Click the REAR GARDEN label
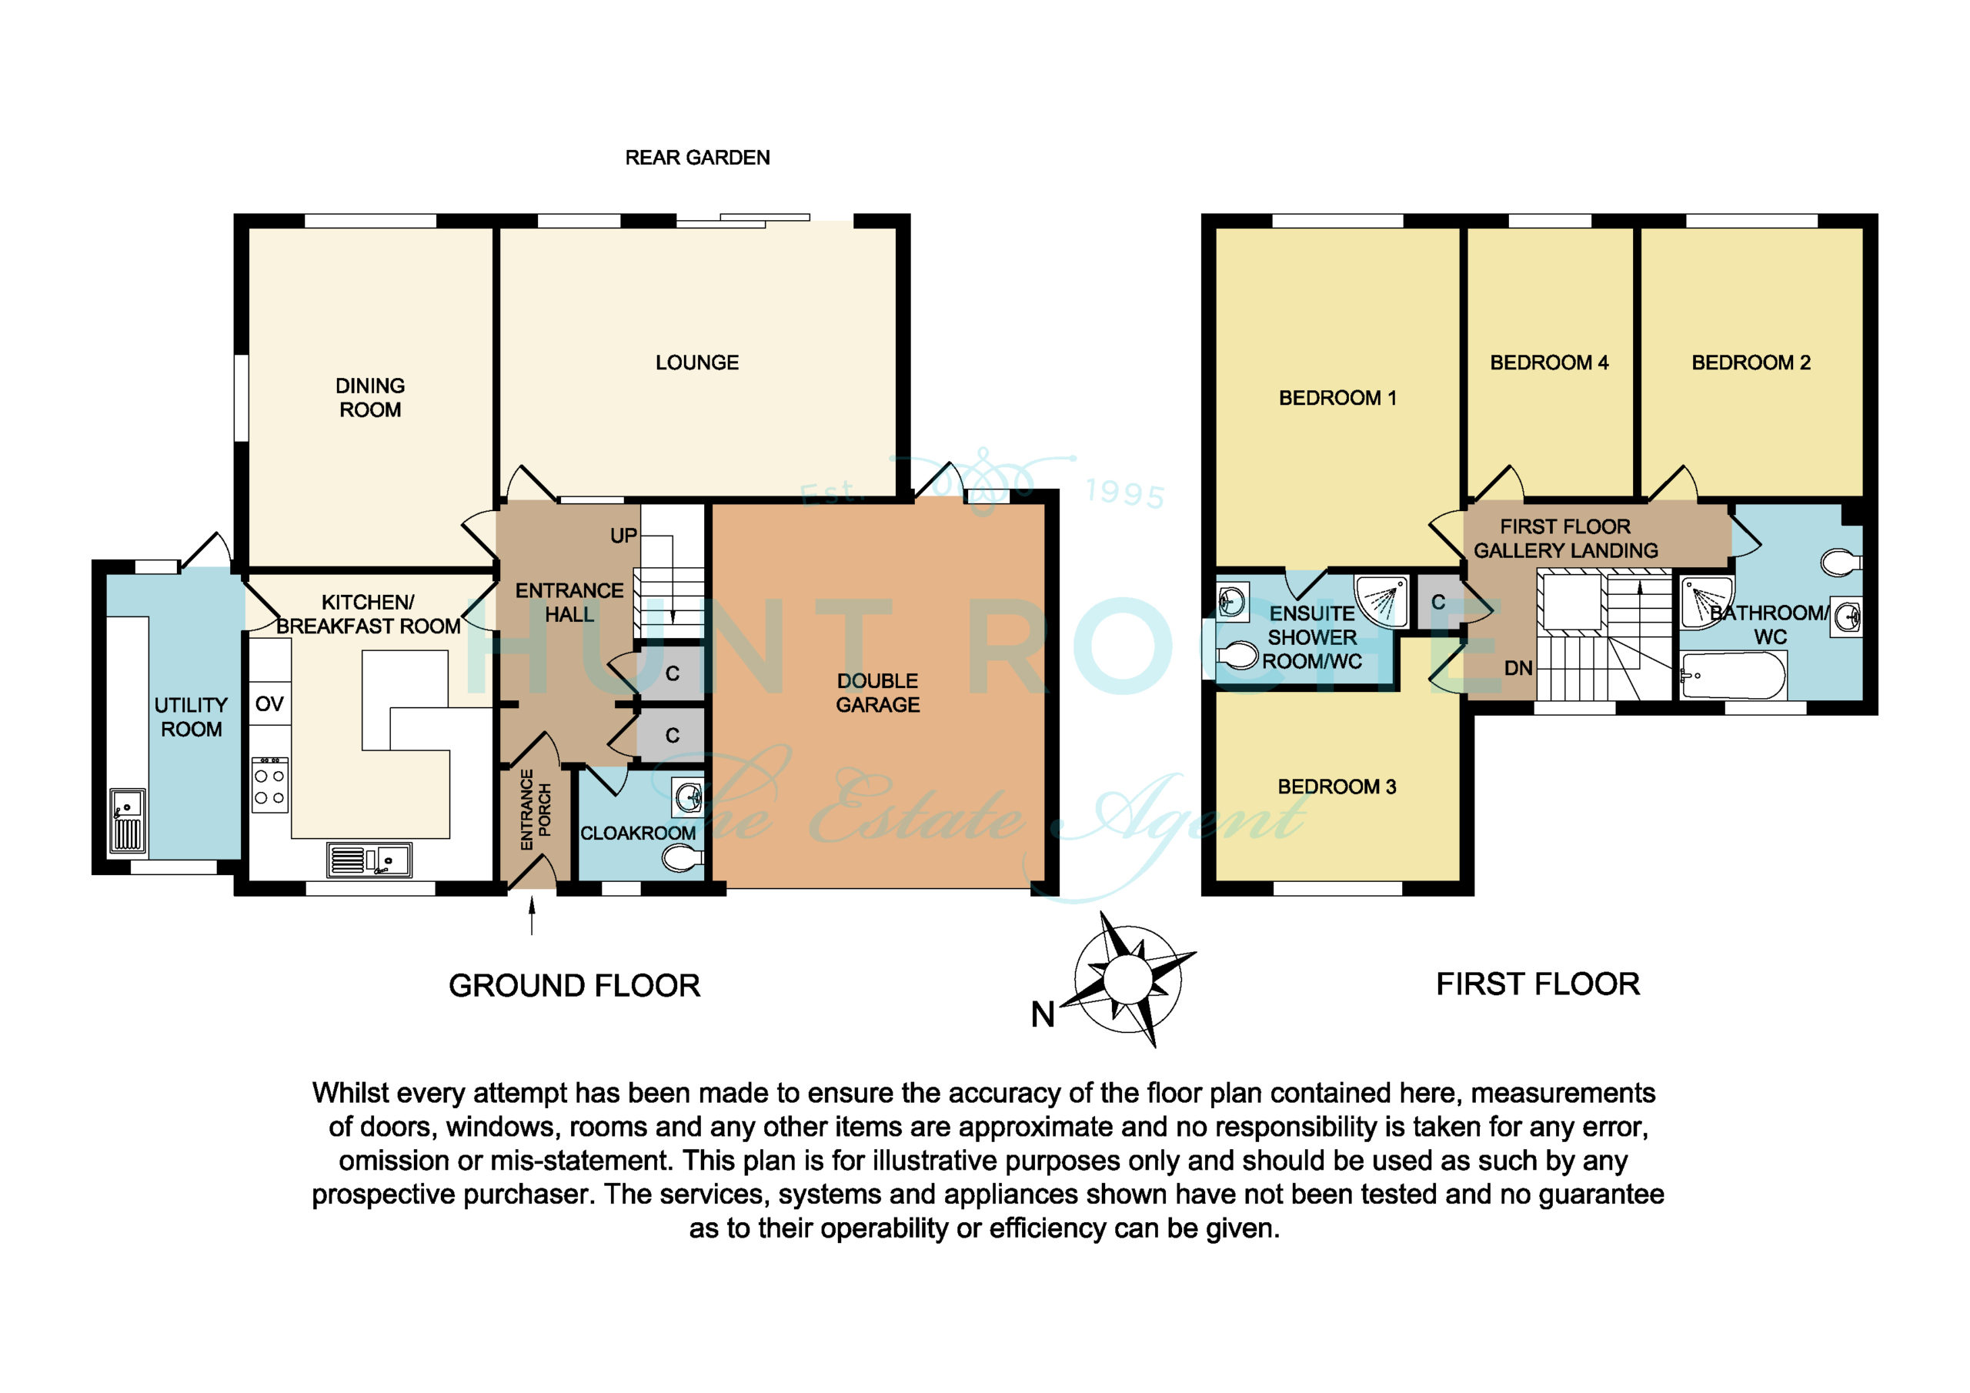696,158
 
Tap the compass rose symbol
1128,979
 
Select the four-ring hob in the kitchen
269,785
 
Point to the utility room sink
127,820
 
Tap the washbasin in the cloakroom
689,797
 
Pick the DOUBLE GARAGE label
878,693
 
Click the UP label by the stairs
624,536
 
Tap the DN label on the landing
1518,668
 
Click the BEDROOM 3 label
1337,787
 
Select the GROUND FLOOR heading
574,986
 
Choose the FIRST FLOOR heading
1538,984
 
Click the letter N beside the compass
1043,1014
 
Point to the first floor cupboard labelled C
1438,603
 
